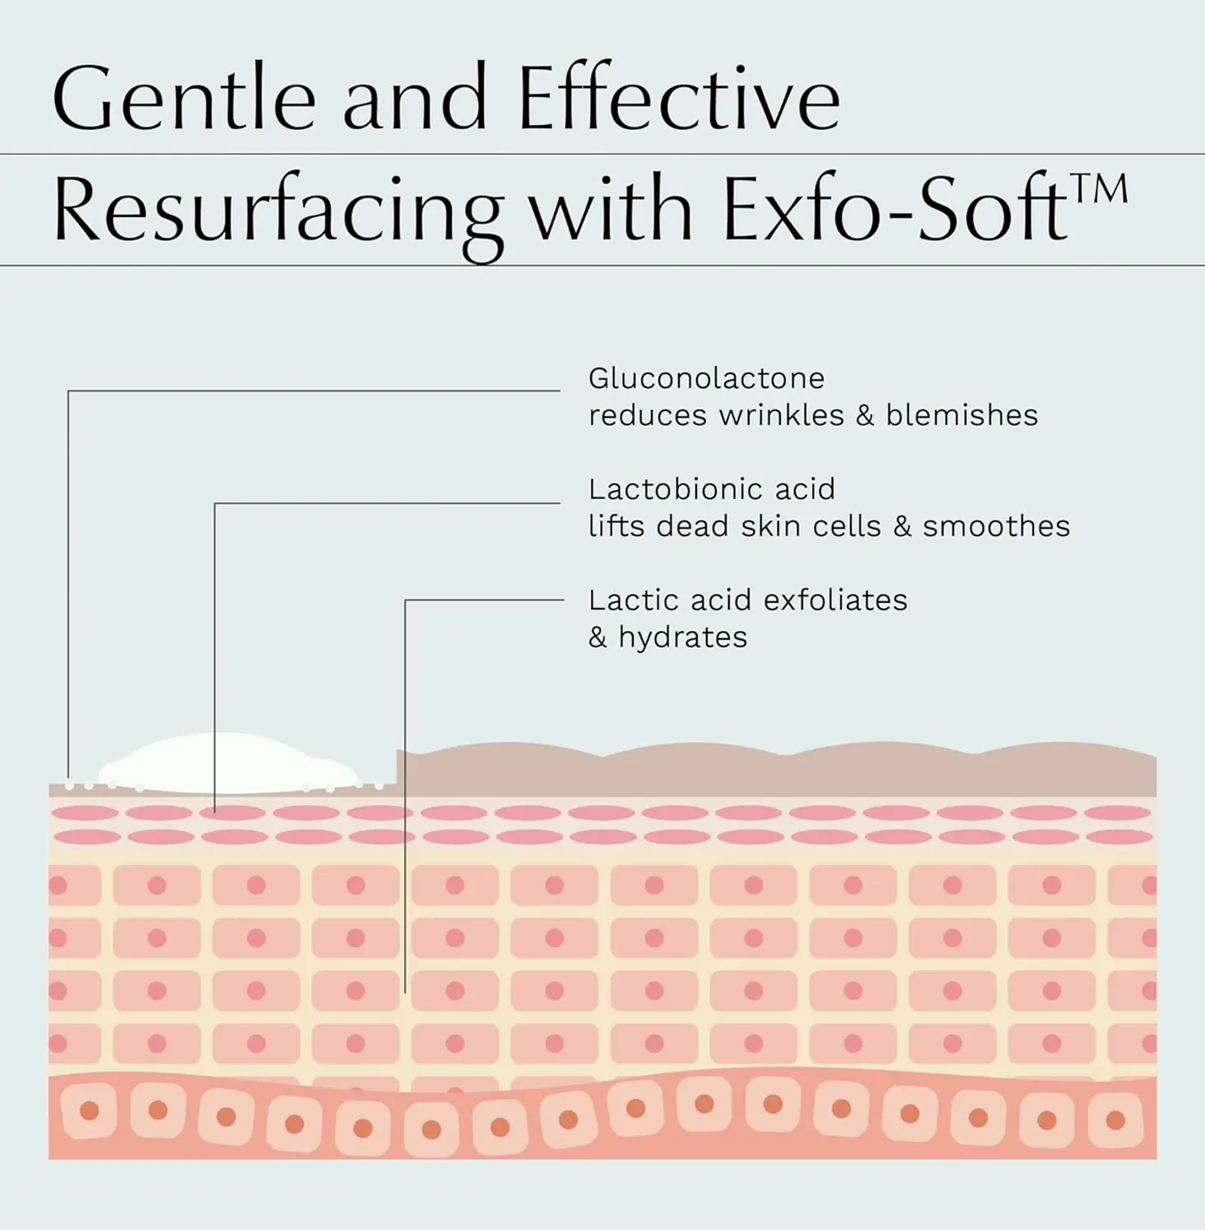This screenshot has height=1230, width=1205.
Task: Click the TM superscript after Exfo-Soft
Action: pos(1099,190)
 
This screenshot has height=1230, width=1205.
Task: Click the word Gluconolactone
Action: pos(706,378)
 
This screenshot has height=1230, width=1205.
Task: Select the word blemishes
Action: pos(962,415)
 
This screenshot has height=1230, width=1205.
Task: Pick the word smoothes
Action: pos(996,526)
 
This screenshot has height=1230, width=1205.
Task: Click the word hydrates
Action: pos(682,637)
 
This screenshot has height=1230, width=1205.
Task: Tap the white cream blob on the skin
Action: pos(229,764)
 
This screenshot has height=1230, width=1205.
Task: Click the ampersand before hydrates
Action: pos(598,637)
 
